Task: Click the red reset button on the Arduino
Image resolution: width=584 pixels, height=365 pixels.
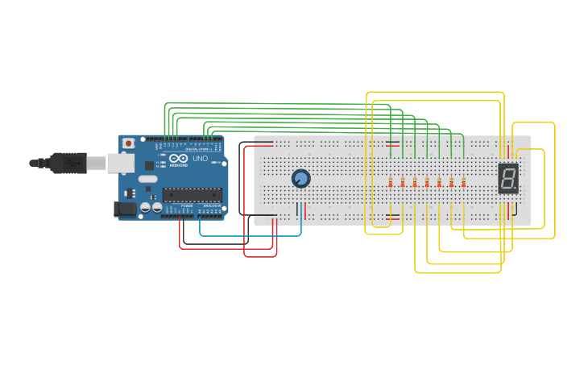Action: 127,143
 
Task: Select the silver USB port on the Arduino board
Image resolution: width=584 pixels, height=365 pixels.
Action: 121,164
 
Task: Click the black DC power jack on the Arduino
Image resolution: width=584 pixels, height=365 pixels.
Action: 123,209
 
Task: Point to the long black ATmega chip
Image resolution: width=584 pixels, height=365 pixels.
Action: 192,194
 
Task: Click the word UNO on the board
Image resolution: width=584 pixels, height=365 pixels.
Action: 200,159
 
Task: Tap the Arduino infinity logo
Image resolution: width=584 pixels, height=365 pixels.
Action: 177,158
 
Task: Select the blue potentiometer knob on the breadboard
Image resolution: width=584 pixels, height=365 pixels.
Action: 300,179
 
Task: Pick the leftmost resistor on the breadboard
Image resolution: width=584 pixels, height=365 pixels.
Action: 391,182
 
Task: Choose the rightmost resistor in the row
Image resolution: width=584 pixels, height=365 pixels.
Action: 464,182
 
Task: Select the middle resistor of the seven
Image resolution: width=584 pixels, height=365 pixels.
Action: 427,182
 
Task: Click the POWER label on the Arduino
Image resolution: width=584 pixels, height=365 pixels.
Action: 187,206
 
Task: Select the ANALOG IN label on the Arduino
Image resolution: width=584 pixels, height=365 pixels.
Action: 211,206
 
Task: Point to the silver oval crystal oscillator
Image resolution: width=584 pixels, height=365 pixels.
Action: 147,179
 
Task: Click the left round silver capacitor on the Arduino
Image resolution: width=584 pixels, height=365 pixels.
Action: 145,208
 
